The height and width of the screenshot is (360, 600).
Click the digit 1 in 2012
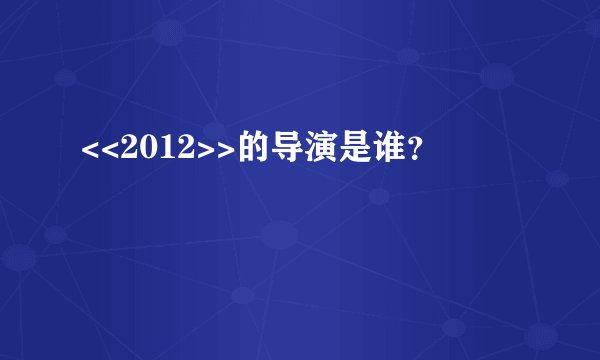(160, 150)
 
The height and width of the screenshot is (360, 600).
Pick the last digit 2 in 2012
(177, 150)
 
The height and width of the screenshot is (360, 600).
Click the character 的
(239, 150)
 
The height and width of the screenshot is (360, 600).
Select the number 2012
(152, 150)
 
